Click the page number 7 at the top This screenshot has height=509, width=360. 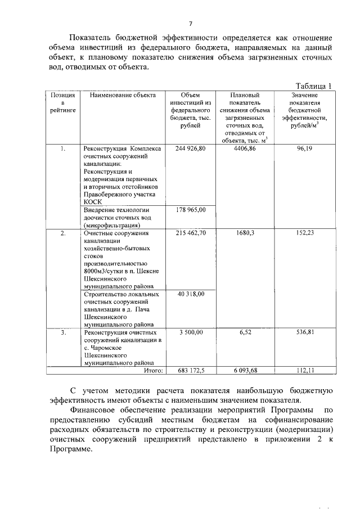point(191,23)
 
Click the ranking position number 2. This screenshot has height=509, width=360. point(63,232)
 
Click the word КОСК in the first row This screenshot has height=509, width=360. point(92,200)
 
